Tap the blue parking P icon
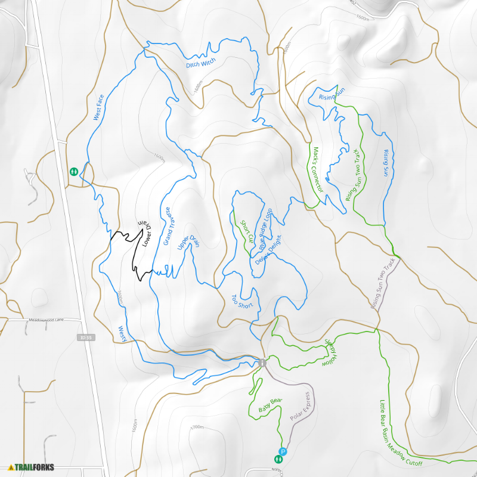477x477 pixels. click(x=283, y=452)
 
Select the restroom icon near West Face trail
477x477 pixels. click(x=73, y=171)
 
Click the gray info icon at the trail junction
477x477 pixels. click(x=262, y=363)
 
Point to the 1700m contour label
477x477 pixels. click(x=197, y=428)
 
